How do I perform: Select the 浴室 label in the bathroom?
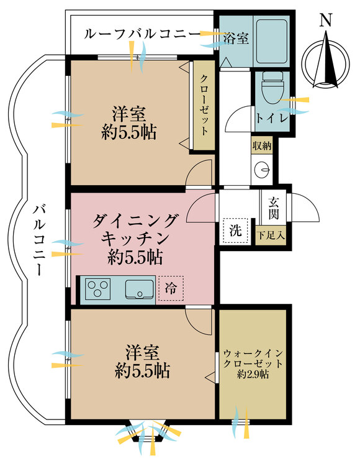tap(236, 39)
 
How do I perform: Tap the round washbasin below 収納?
tap(263, 168)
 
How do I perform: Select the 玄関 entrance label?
tap(274, 208)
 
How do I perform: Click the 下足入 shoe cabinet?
tap(272, 235)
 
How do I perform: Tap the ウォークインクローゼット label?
tap(253, 358)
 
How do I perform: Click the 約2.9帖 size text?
tap(253, 375)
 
